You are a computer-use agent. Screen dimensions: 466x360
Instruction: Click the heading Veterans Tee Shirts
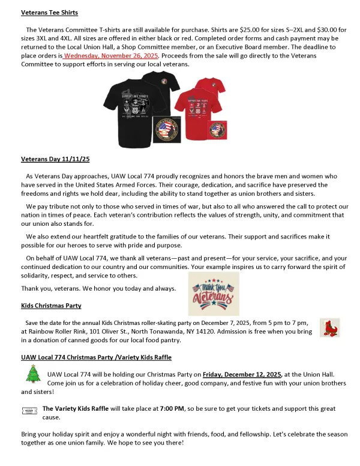point(49,12)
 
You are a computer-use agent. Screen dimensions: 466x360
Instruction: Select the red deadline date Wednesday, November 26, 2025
point(110,55)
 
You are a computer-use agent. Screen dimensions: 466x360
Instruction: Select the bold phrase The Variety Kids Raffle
point(76,408)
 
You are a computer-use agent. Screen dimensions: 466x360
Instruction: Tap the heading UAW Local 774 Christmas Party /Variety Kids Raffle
point(96,357)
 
